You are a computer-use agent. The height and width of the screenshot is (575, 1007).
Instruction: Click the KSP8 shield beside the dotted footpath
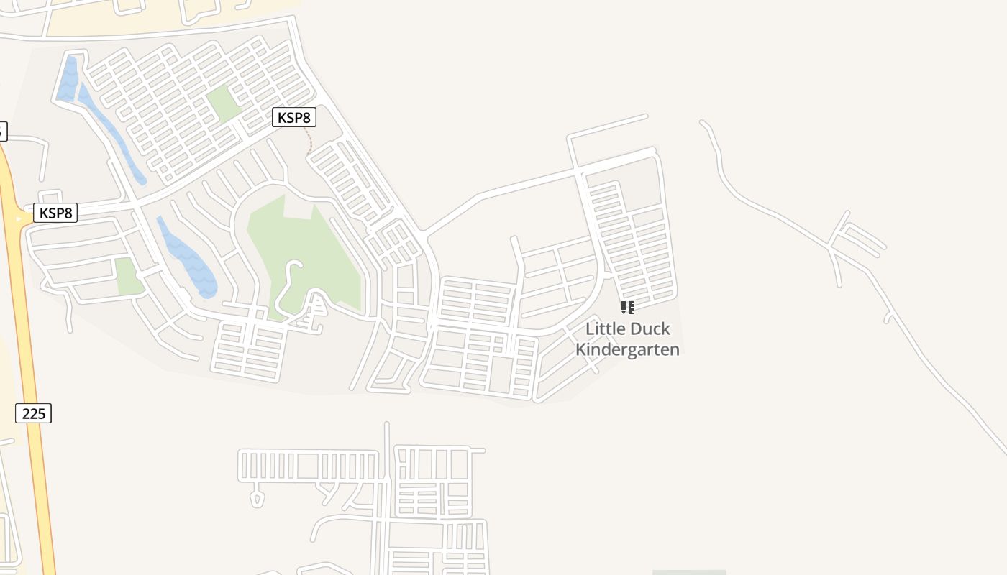click(293, 117)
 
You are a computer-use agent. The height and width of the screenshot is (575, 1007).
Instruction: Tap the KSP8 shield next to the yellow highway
click(55, 213)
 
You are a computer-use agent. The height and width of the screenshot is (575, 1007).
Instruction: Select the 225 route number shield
click(33, 413)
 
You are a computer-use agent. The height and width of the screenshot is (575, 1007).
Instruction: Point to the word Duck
click(650, 329)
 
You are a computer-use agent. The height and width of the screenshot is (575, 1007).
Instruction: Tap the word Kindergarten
click(627, 350)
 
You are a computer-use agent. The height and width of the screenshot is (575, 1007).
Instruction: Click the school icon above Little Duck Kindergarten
click(627, 308)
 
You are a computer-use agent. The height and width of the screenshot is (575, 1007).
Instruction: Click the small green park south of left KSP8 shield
click(128, 276)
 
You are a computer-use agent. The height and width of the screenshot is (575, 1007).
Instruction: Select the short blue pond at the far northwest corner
click(68, 79)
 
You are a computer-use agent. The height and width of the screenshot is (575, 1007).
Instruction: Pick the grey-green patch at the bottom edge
click(688, 572)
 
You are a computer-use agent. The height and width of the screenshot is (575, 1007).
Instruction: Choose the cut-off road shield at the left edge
click(2, 131)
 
